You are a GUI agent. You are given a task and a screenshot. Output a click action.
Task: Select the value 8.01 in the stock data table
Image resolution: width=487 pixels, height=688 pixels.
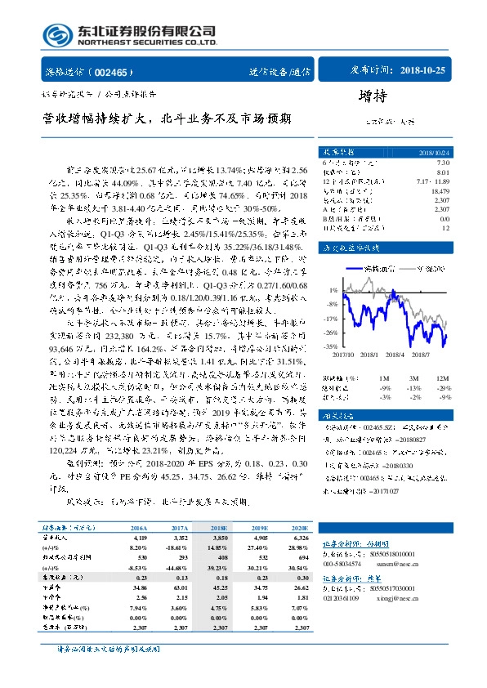[x=443, y=172]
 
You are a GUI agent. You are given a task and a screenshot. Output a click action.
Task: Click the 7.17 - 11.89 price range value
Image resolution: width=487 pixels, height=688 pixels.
[x=432, y=181]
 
